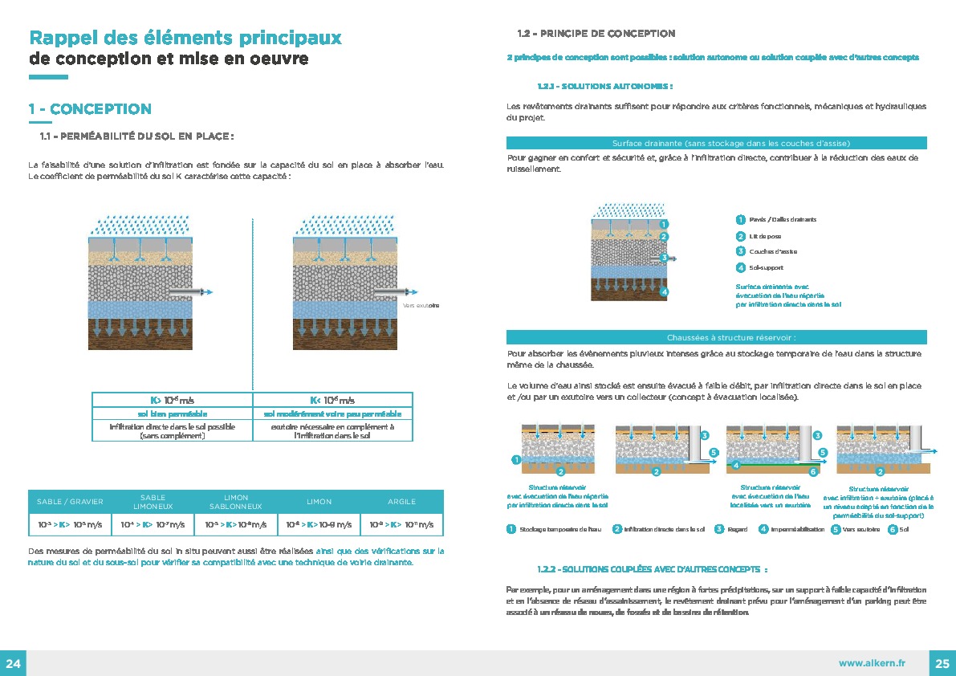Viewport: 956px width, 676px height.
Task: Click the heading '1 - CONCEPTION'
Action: [x=90, y=109]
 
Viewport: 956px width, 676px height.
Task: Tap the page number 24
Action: [x=13, y=663]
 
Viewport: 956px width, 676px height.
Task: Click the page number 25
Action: [x=942, y=663]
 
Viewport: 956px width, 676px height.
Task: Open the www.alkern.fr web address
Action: [x=872, y=663]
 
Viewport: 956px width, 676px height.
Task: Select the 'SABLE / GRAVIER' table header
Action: [x=70, y=502]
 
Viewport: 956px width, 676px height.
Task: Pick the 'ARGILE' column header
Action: [x=401, y=502]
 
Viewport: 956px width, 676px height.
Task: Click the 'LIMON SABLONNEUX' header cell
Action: [x=236, y=502]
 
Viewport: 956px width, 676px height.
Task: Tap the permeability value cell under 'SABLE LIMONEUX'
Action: [x=153, y=525]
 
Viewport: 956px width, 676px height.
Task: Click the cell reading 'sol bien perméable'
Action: [x=172, y=414]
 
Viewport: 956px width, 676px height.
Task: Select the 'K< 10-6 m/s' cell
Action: [x=332, y=400]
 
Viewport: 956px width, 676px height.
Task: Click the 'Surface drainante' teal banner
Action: [x=716, y=143]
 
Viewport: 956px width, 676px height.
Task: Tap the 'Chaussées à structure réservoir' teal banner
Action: [x=716, y=338]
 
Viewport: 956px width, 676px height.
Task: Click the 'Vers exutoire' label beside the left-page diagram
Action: [x=421, y=306]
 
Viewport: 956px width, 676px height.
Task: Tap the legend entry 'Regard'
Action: [x=731, y=529]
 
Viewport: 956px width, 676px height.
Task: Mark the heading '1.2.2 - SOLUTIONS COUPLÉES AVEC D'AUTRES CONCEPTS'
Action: [x=652, y=569]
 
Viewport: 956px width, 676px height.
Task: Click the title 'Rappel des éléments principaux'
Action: [x=185, y=38]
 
